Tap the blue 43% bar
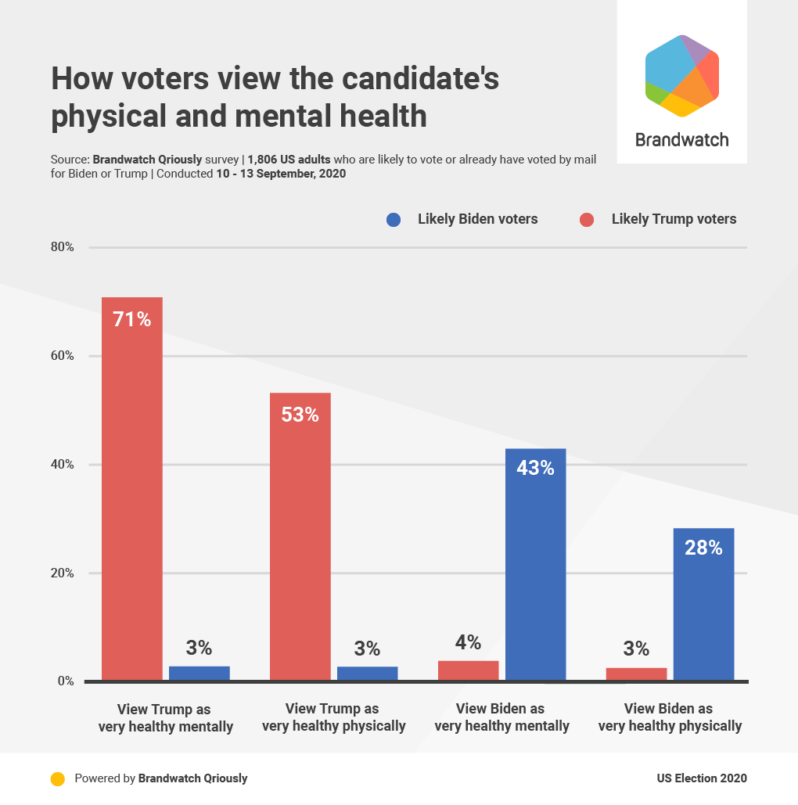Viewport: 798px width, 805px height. (x=535, y=564)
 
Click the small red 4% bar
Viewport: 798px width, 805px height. (x=468, y=670)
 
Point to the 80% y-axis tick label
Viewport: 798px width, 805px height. (x=63, y=247)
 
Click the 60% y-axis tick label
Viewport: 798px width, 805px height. (x=63, y=356)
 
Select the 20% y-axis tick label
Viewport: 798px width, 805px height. (x=63, y=573)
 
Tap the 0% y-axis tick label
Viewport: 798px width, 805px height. (x=66, y=681)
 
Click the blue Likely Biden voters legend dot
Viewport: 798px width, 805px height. (x=394, y=220)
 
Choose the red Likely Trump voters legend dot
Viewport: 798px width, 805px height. (x=588, y=220)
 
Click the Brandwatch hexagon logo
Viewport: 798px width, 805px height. (x=681, y=76)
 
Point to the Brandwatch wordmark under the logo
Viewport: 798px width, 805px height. (x=681, y=140)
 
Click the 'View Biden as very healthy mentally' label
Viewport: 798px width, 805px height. (x=501, y=717)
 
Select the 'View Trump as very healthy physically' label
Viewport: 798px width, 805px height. (x=333, y=717)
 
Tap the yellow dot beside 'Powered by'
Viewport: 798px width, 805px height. (x=57, y=778)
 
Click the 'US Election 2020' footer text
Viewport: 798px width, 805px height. (x=702, y=778)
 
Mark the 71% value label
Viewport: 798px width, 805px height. (x=131, y=319)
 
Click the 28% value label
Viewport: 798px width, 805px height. (x=703, y=548)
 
